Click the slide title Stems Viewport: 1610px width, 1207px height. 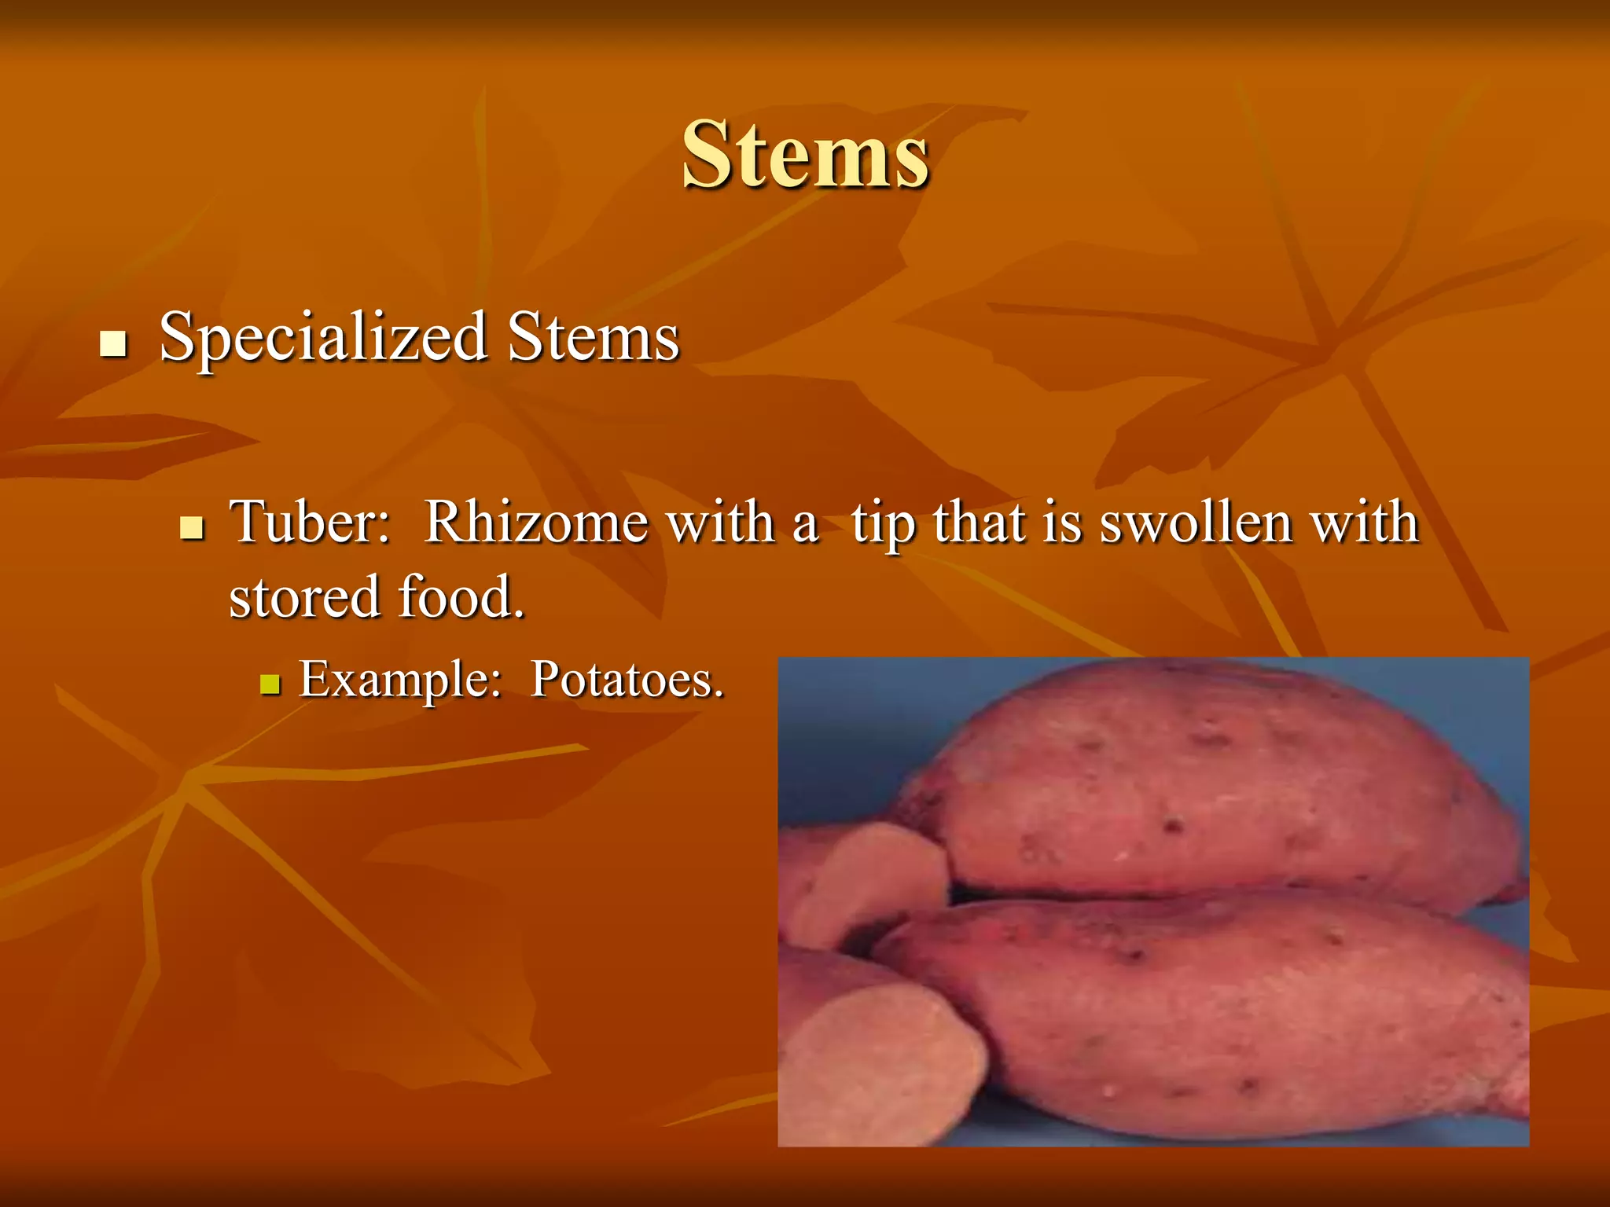[805, 155]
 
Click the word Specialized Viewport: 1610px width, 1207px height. [323, 338]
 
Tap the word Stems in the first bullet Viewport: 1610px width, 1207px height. [593, 338]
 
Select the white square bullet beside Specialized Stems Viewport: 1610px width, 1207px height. [114, 343]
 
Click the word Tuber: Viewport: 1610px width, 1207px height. [310, 522]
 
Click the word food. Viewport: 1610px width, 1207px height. [461, 597]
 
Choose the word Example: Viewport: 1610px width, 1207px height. [400, 679]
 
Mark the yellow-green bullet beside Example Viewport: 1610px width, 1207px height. [270, 684]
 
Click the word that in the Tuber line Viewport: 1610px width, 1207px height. [980, 522]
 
